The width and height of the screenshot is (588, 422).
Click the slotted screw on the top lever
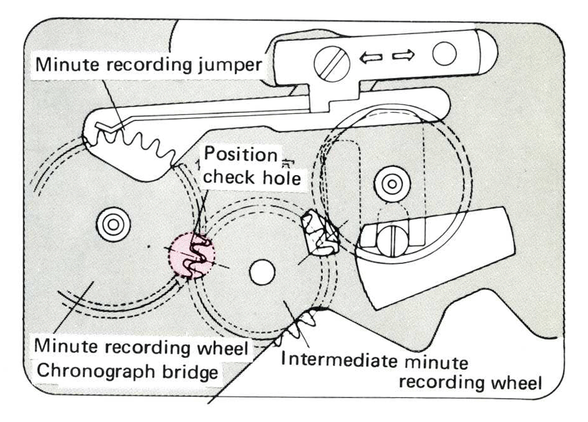point(331,64)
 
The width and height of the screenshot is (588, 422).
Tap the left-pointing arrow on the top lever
point(370,57)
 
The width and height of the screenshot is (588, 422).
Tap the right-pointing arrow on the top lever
point(404,55)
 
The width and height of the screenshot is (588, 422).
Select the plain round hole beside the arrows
point(444,54)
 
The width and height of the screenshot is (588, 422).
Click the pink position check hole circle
point(192,255)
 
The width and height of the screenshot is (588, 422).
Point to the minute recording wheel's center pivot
point(113,224)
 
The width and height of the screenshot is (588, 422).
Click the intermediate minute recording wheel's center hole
point(262,272)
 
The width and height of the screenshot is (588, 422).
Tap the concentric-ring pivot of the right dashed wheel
point(392,184)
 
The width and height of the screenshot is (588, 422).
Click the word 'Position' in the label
point(240,154)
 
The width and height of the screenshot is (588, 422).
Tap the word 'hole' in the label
point(282,177)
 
